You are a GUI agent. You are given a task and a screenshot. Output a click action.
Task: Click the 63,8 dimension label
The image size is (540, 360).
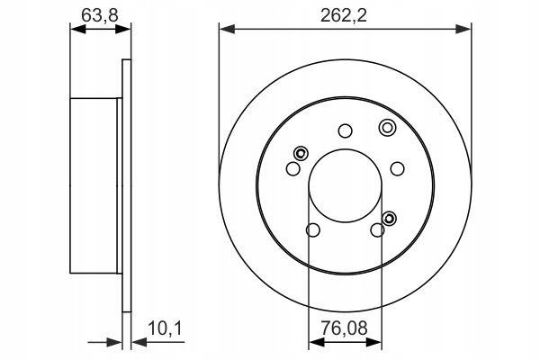click(x=100, y=15)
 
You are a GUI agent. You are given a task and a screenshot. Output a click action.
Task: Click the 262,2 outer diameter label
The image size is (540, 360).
click(x=344, y=15)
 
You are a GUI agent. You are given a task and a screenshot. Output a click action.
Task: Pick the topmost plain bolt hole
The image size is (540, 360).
click(x=345, y=130)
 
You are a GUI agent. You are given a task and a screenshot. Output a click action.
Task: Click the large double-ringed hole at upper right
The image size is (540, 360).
click(x=387, y=128)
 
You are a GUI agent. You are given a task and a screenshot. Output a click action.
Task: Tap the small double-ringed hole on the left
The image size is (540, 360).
click(x=301, y=153)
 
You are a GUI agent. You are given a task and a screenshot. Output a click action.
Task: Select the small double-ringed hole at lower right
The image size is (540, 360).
click(x=389, y=218)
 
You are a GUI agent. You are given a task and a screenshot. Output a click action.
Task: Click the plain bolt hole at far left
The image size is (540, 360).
click(x=293, y=168)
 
